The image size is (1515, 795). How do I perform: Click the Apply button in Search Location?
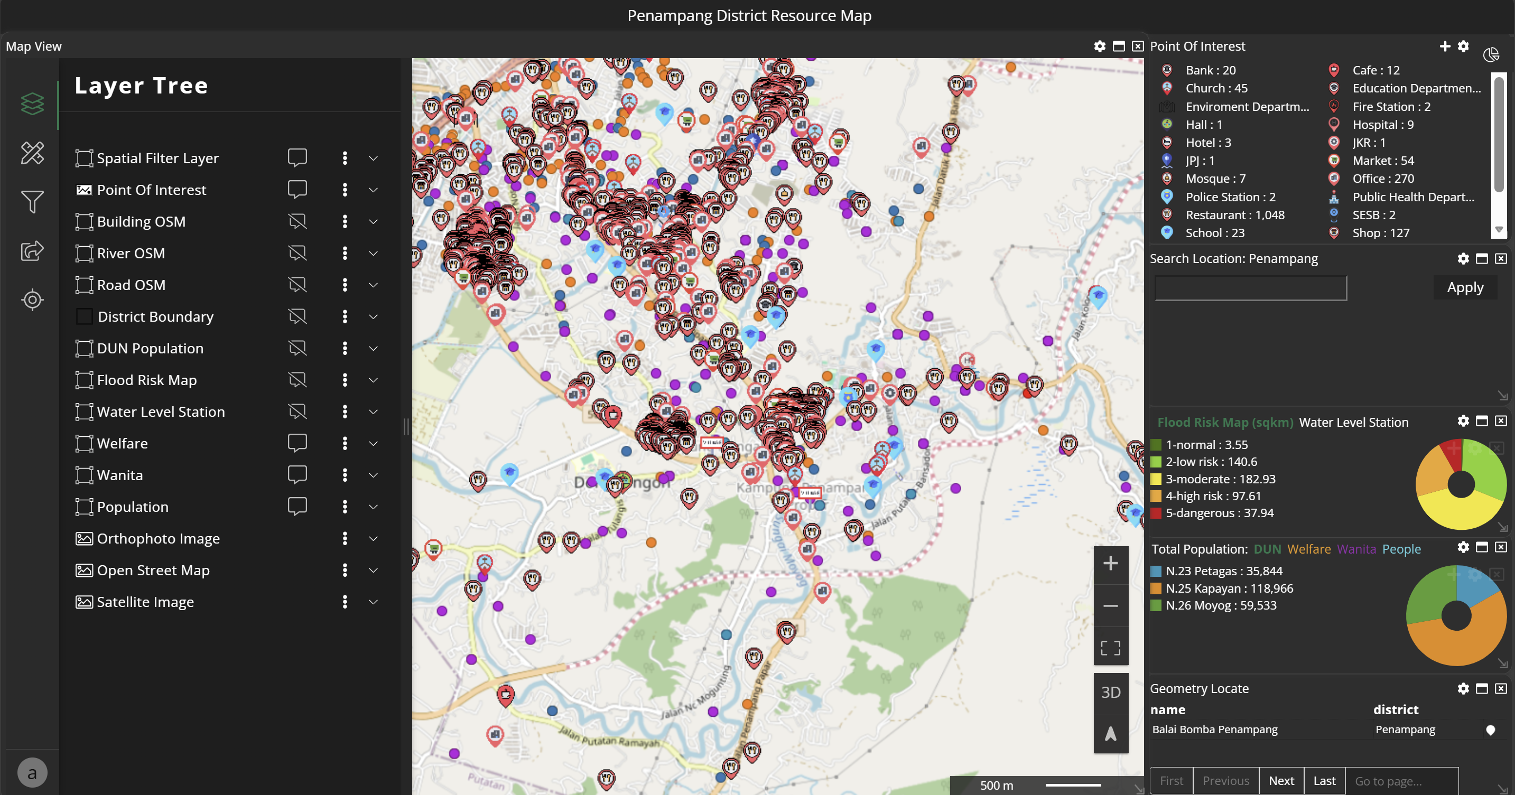[1464, 287]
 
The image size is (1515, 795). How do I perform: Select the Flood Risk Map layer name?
[147, 380]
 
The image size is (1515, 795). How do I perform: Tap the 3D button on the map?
[1110, 692]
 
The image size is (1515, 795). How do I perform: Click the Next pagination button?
[1281, 780]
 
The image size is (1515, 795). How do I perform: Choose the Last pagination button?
[1324, 780]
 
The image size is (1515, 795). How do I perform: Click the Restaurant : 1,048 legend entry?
[1234, 215]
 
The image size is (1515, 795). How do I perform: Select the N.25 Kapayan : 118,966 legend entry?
[1229, 588]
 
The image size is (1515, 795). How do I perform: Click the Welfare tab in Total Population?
[1308, 549]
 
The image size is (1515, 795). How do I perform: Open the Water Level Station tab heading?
[1353, 422]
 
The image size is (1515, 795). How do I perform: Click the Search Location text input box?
[1250, 288]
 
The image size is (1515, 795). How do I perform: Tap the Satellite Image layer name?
[145, 602]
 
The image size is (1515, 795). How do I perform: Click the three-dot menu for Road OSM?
[345, 285]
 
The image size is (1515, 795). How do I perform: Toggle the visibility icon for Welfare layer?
[297, 443]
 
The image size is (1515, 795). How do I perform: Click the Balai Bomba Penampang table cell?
[1214, 729]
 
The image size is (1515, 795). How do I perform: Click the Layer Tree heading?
[141, 86]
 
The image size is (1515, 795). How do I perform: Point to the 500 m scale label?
[996, 785]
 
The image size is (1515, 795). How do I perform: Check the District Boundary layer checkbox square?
[84, 317]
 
